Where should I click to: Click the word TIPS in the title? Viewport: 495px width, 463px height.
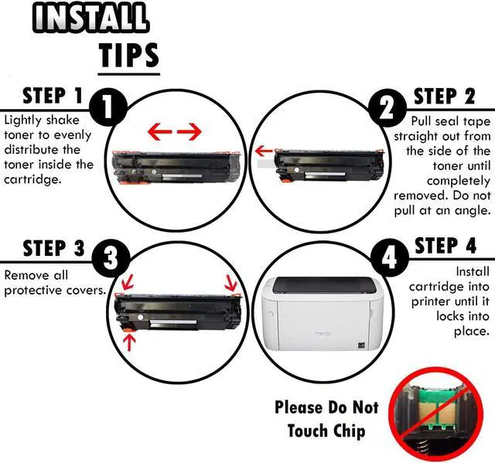click(129, 55)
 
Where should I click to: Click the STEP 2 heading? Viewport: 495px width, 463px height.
click(445, 97)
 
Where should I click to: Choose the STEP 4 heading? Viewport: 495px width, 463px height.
click(445, 246)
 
